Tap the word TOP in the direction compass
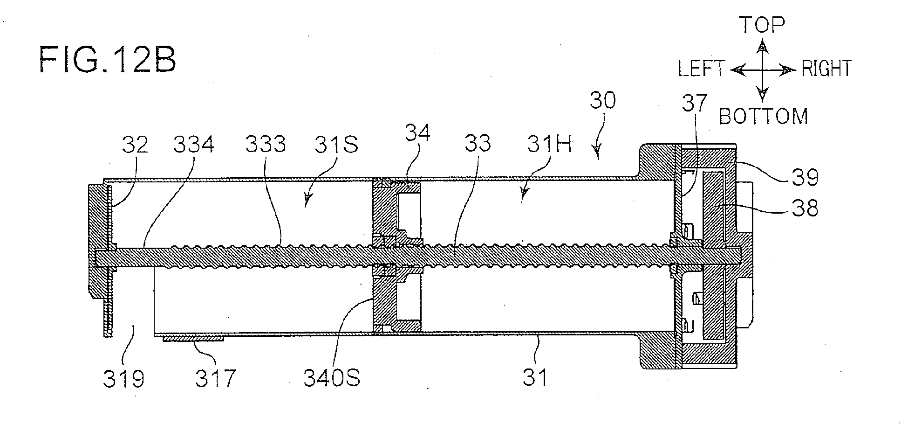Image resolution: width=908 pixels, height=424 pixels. coord(763,25)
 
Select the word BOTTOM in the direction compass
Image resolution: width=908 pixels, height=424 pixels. coord(764,116)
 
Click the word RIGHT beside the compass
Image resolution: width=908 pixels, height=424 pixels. coord(826,69)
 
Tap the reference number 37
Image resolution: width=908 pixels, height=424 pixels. coord(694,103)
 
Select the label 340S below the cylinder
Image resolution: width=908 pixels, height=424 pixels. coord(332,378)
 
